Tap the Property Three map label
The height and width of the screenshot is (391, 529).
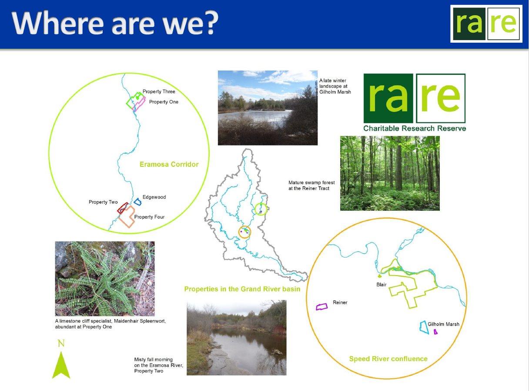click(159, 91)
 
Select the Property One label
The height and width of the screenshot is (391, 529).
click(164, 102)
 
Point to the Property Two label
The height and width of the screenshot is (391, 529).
click(103, 202)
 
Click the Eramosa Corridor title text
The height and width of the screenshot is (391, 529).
click(169, 164)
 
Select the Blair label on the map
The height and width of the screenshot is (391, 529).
click(382, 284)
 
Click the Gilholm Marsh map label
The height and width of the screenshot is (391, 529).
click(443, 324)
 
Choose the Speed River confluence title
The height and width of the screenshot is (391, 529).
click(388, 359)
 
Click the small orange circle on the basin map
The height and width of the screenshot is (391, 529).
click(244, 226)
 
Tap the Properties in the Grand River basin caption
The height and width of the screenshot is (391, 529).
click(242, 289)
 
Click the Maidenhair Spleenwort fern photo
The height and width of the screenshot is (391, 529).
click(105, 279)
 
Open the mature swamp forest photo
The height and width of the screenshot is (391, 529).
click(390, 173)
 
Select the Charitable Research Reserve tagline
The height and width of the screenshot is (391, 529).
click(415, 128)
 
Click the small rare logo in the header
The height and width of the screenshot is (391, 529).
click(486, 24)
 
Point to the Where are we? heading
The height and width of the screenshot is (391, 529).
click(115, 23)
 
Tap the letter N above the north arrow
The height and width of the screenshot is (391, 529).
click(61, 343)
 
